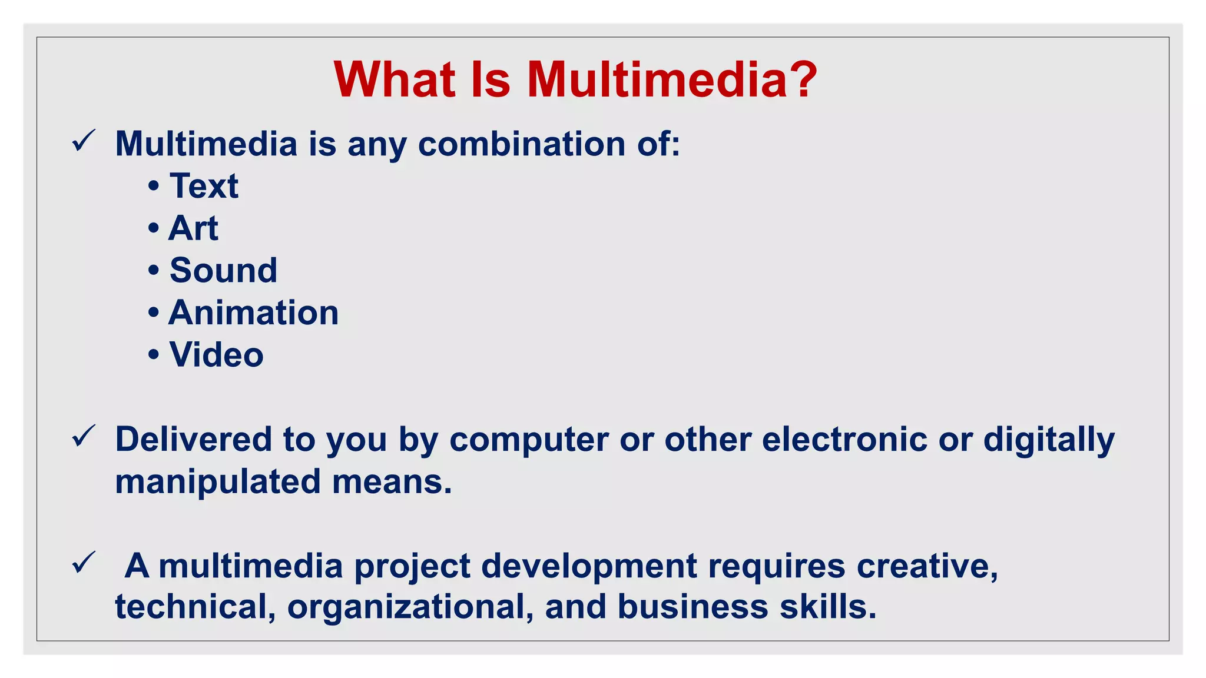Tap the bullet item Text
point(204,186)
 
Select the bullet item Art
point(193,228)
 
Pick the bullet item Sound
point(223,270)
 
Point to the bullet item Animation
point(254,313)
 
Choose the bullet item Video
point(216,355)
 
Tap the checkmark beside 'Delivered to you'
point(83,436)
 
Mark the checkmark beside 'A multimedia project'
point(83,563)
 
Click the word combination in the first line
point(522,144)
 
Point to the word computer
point(529,440)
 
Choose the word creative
point(927,566)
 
